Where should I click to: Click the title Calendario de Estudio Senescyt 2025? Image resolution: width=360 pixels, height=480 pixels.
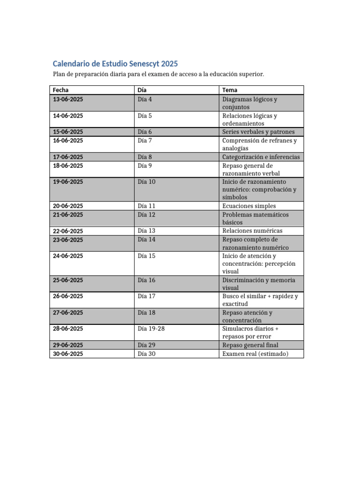[115, 64]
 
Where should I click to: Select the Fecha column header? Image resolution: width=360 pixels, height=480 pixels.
[61, 90]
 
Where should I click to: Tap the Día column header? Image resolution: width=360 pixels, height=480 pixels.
[142, 90]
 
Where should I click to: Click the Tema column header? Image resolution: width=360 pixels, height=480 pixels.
[230, 90]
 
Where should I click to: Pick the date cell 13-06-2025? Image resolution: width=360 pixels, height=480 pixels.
[68, 99]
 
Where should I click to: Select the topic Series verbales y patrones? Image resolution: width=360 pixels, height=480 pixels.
[258, 132]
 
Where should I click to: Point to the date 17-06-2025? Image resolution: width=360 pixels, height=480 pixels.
[68, 157]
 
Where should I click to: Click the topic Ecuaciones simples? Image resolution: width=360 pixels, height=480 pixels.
[249, 206]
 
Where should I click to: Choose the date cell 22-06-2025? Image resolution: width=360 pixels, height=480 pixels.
[68, 231]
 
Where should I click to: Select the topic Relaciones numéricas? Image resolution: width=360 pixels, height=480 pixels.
[252, 231]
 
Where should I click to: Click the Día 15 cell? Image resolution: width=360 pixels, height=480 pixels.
[147, 256]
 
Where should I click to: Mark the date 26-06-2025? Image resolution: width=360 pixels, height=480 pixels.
[68, 296]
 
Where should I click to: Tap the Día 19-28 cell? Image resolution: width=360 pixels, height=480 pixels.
[151, 329]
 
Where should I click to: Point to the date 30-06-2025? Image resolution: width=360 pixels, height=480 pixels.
[68, 354]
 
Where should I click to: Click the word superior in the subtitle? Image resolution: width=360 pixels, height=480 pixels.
[250, 75]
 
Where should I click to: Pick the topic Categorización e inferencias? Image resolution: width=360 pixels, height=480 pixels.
[261, 157]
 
